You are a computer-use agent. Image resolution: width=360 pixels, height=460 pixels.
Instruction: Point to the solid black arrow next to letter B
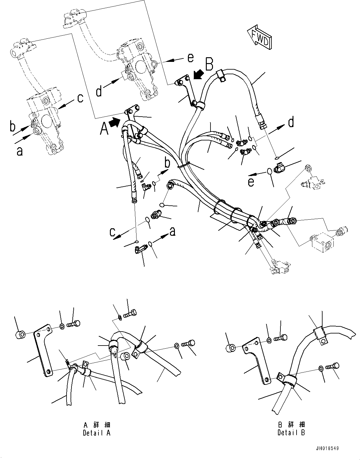(198, 75)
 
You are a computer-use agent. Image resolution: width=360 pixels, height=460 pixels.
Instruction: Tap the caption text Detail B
(291, 432)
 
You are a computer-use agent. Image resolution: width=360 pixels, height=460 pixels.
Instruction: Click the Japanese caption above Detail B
(291, 424)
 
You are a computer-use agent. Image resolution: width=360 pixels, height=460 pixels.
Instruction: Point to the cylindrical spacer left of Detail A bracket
(21, 334)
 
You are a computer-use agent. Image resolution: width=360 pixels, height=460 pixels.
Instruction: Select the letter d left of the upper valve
(99, 92)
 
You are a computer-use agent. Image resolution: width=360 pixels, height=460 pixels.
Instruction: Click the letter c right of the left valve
(80, 98)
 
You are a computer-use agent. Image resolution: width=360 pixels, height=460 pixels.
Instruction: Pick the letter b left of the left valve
(13, 127)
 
